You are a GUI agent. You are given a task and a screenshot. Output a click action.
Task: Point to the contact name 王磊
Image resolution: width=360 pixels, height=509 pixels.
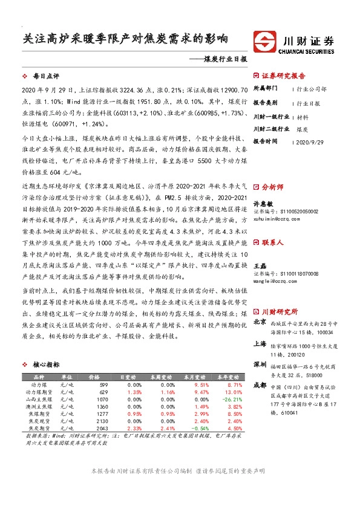(260, 266)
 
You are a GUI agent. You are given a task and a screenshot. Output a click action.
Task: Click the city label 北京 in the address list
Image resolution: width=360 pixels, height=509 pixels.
(260, 322)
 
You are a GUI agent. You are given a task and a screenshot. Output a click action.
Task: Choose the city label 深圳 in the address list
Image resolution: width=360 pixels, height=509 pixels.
(260, 365)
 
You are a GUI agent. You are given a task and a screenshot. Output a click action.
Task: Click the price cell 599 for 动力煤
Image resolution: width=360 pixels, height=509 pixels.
(103, 384)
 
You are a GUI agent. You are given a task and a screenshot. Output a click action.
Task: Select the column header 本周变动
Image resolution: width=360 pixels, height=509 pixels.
(161, 377)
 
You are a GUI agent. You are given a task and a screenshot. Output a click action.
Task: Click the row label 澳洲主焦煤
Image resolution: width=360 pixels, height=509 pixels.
(37, 406)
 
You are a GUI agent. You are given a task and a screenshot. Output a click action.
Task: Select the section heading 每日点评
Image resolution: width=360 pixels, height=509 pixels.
(45, 76)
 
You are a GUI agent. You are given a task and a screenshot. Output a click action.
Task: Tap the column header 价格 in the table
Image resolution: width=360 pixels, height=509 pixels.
(95, 377)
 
